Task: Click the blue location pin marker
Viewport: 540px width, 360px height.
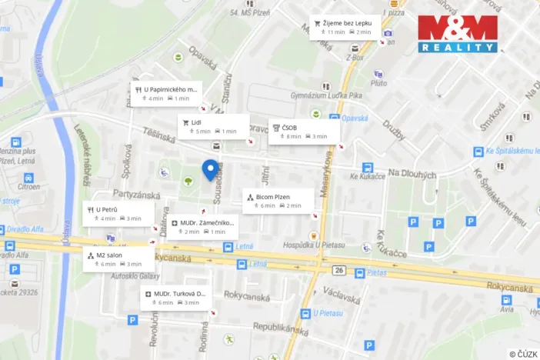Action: [x=208, y=168]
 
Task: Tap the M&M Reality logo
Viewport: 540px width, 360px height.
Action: [x=458, y=34]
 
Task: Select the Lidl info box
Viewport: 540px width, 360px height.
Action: [x=214, y=126]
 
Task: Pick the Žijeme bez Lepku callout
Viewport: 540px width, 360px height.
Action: [x=345, y=27]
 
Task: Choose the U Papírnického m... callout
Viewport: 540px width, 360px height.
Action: [x=167, y=93]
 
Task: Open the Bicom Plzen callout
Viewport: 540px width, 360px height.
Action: [x=278, y=201]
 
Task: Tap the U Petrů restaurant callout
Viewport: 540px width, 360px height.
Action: [x=118, y=213]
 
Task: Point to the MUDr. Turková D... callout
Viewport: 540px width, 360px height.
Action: [x=178, y=298]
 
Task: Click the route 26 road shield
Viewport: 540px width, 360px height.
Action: [x=338, y=270]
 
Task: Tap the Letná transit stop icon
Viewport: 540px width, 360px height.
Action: [x=228, y=247]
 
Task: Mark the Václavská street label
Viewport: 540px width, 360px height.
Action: [x=342, y=295]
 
